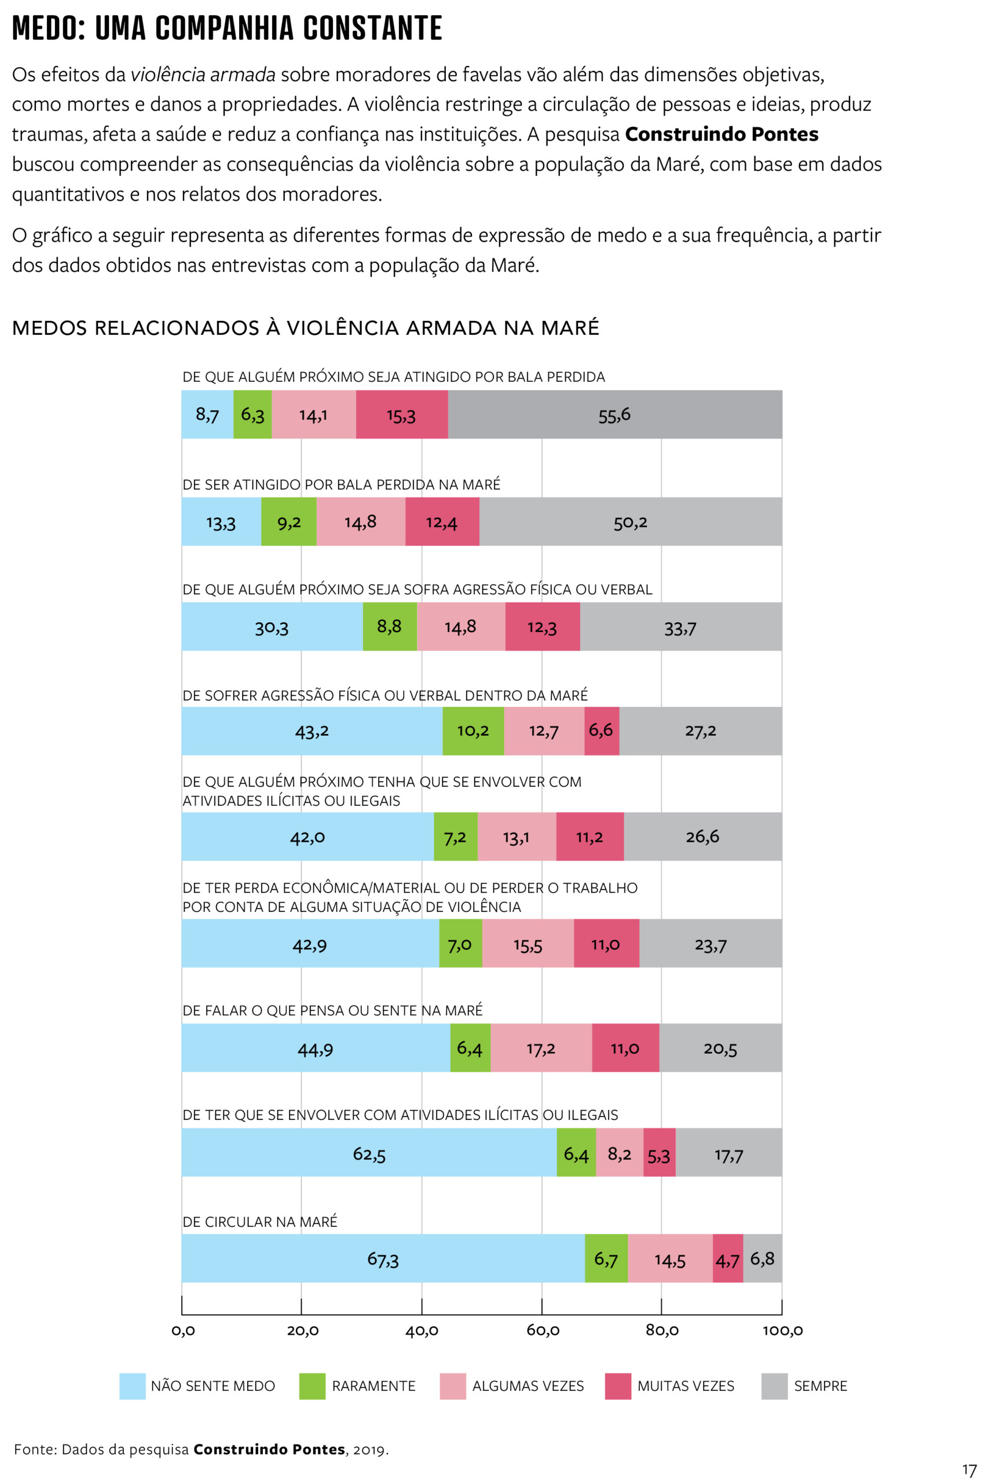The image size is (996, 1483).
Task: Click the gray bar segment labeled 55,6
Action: click(614, 414)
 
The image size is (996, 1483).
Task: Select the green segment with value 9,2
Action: click(288, 521)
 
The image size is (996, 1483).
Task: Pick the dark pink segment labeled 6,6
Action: click(601, 730)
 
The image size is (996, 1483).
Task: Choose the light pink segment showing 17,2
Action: click(540, 1048)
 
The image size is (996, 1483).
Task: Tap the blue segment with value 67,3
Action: click(382, 1258)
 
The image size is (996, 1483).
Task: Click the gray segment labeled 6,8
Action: click(762, 1258)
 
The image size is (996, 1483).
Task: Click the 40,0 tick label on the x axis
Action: click(422, 1331)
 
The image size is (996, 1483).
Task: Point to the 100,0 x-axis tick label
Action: click(782, 1331)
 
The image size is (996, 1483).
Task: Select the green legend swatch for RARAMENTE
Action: click(312, 1386)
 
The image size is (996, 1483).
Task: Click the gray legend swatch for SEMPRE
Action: click(774, 1386)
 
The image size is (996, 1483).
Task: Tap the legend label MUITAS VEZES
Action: click(686, 1386)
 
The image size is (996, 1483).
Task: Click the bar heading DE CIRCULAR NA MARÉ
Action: click(260, 1222)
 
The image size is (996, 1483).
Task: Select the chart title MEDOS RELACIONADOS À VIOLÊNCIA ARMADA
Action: click(306, 328)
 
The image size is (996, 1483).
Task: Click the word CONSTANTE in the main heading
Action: click(372, 28)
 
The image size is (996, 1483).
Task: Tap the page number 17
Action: click(969, 1470)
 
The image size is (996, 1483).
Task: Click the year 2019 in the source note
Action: click(368, 1449)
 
